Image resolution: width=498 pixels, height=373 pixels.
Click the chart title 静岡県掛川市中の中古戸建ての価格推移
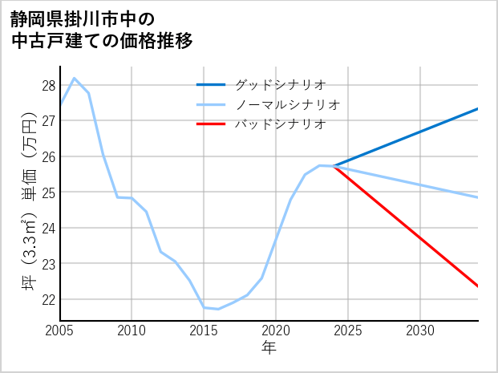101,30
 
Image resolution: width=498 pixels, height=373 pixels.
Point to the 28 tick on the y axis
48,86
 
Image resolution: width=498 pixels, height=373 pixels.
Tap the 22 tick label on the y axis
48,299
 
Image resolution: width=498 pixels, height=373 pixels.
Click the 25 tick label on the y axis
48,193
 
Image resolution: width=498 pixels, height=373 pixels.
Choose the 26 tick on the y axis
48,156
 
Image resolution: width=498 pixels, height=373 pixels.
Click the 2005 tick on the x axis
59,330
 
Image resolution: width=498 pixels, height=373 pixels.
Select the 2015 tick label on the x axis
204,330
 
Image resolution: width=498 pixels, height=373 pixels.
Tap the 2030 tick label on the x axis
420,330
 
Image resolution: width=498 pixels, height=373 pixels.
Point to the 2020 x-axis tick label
276,330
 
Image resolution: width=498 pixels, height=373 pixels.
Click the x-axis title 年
269,348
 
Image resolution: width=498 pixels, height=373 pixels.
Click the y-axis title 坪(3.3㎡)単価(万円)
27,205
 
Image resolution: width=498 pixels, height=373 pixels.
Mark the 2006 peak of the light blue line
75,78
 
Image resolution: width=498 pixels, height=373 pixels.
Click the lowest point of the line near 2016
218,309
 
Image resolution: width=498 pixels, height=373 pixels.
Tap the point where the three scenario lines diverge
334,166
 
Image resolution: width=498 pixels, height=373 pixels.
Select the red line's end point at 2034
478,286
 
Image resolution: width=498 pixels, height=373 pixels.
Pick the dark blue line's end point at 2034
478,109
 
